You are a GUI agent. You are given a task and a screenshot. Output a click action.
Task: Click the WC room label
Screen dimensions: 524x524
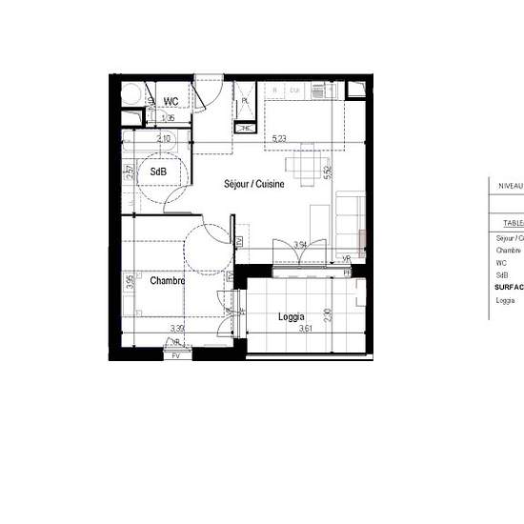point(171,101)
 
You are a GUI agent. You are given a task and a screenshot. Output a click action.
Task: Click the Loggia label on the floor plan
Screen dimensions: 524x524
point(291,316)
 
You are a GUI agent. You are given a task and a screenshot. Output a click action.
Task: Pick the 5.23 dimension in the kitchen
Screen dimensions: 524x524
point(279,139)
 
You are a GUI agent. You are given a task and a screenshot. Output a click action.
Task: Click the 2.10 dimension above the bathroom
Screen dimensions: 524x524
point(165,139)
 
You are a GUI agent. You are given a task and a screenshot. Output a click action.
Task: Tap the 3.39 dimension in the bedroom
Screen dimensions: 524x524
point(177,329)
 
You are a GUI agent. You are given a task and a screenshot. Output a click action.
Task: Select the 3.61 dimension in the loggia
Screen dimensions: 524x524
point(305,329)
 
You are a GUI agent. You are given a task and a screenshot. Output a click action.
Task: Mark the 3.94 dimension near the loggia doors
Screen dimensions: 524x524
point(300,245)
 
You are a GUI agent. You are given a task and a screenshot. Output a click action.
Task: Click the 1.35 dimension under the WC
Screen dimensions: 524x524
point(168,118)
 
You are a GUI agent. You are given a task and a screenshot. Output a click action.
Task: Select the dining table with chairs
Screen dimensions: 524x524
point(305,168)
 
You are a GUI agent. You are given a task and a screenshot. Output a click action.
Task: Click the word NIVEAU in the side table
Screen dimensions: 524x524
point(511,187)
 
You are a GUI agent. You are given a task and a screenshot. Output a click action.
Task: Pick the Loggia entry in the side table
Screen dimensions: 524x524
point(505,301)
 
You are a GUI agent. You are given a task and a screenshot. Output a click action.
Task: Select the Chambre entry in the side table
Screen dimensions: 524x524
point(509,251)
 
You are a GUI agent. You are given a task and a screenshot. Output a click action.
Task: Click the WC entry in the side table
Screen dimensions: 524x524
point(501,263)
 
